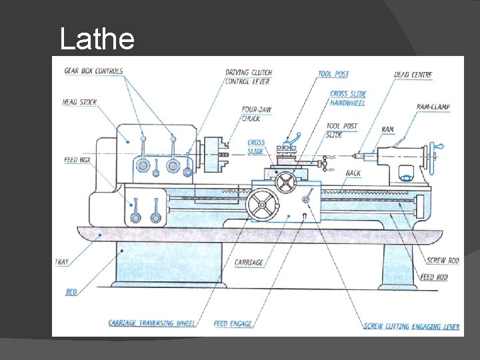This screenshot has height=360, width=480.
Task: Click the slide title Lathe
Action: pyautogui.click(x=97, y=39)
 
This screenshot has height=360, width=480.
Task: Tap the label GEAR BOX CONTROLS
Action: pyautogui.click(x=94, y=71)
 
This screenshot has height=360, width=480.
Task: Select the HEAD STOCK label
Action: pyautogui.click(x=79, y=102)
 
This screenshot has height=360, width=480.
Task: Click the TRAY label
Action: pyautogui.click(x=61, y=262)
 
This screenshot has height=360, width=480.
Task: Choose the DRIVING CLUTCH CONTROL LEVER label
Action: pyautogui.click(x=249, y=77)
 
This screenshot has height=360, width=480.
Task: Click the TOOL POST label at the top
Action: pyautogui.click(x=333, y=74)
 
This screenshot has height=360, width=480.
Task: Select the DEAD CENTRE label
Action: pyautogui.click(x=413, y=75)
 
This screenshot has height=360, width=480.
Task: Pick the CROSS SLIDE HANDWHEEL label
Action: pyautogui.click(x=348, y=98)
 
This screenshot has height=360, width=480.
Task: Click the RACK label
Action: pyautogui.click(x=353, y=173)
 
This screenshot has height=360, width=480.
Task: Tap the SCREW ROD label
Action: pyautogui.click(x=442, y=260)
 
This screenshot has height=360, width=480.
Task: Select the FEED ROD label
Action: pyautogui.click(x=434, y=277)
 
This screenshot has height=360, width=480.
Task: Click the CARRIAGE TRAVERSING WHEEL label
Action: pyautogui.click(x=152, y=323)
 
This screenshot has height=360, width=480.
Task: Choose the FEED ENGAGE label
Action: pyautogui.click(x=233, y=324)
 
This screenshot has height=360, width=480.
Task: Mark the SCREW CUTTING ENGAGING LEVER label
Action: pyautogui.click(x=411, y=327)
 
